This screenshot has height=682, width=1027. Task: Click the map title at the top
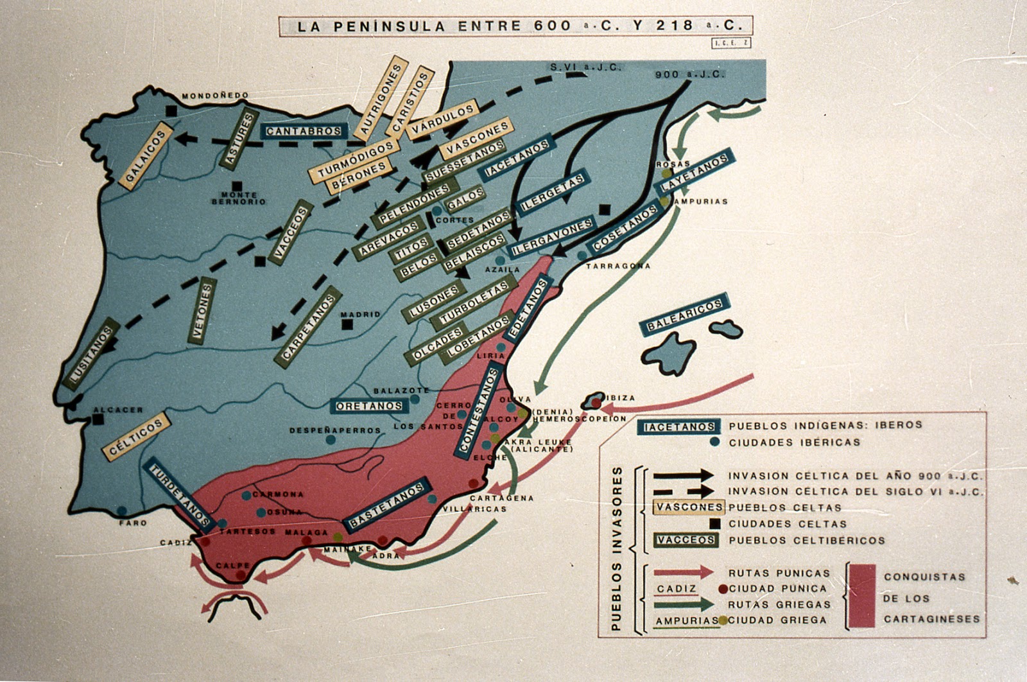515,26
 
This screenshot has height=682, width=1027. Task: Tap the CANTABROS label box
304,132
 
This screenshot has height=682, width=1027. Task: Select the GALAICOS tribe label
146,156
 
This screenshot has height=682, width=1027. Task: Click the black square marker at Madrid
347,325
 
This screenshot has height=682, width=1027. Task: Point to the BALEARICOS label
684,315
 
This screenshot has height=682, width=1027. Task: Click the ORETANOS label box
370,406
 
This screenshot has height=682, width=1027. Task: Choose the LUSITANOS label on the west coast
91,354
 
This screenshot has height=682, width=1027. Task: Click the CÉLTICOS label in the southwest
136,437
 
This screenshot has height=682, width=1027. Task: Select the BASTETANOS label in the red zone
386,505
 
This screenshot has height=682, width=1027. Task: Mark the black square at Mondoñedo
171,111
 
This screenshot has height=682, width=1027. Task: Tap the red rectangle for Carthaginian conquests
861,596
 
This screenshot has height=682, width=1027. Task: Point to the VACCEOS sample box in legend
686,540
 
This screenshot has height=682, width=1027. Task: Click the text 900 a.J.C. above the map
689,74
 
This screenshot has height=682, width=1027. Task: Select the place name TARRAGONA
618,265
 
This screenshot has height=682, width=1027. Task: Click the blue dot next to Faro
121,511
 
